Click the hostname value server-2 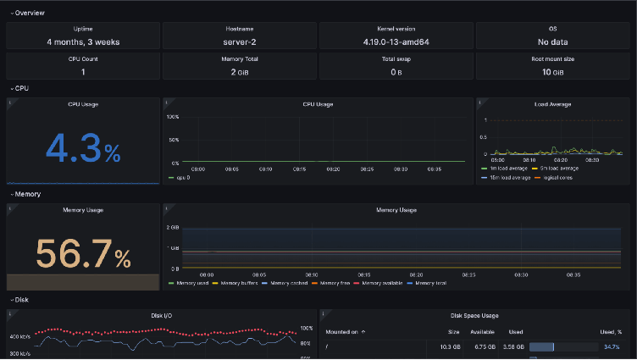240,41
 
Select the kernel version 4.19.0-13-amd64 396,41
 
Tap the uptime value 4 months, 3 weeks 83,41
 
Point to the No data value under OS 553,41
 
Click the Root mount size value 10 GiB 553,72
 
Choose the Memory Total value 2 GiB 240,72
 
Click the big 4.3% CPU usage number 83,148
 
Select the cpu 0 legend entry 180,178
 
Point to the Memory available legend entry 383,283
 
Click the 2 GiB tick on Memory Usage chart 173,228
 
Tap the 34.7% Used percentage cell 612,346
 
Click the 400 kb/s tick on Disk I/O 19,336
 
